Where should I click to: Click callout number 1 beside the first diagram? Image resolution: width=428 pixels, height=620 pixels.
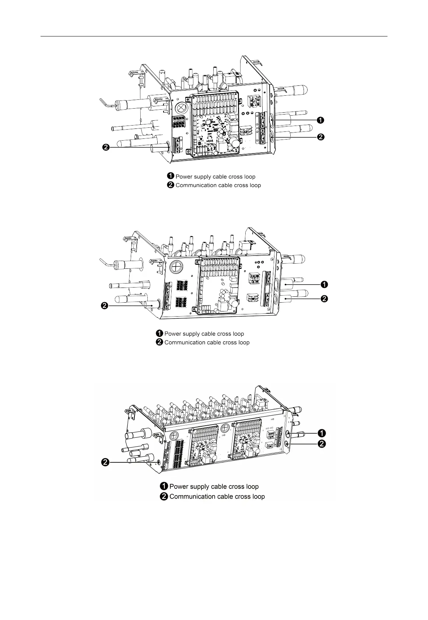(321, 120)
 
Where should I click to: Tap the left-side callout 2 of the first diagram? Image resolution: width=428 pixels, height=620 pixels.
(105, 148)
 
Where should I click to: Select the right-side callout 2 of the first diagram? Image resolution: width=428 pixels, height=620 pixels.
(321, 137)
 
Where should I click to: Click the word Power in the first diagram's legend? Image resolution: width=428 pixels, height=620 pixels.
(183, 177)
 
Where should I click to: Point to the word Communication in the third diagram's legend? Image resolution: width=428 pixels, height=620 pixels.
(192, 497)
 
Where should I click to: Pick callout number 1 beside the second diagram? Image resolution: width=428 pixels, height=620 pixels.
(324, 284)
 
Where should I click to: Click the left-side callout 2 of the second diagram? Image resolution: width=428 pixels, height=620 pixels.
(105, 306)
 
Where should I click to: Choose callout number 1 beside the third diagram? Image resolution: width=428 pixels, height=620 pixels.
(322, 433)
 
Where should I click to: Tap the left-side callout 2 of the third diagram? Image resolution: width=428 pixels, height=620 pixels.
(105, 462)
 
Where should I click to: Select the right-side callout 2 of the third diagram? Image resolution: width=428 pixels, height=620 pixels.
(322, 444)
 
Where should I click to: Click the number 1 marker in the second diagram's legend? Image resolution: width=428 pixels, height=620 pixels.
(159, 334)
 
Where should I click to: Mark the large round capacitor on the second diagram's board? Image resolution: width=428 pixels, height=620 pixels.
(234, 303)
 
